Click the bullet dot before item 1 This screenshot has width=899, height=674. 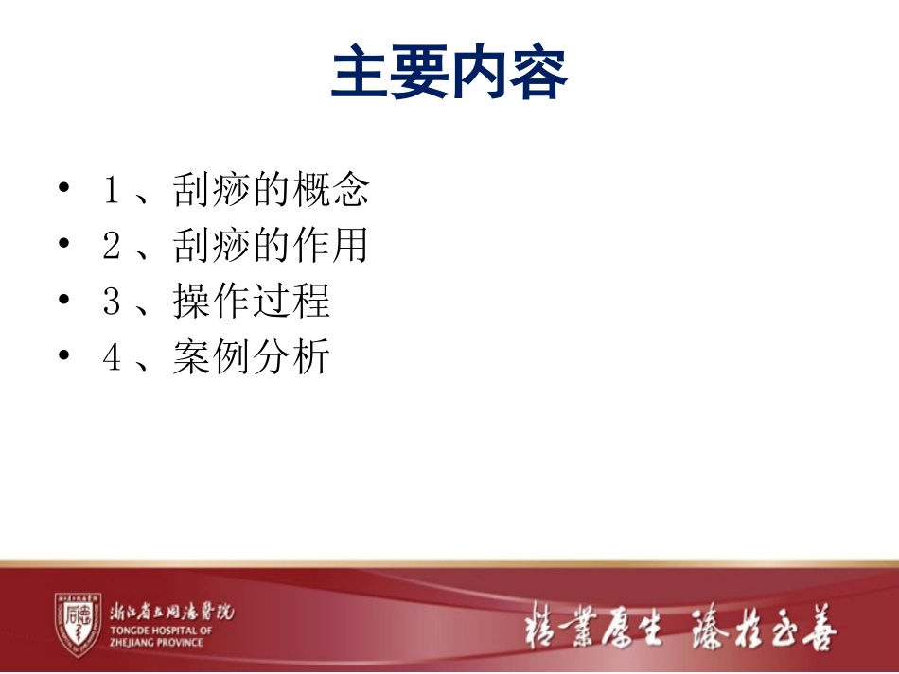click(63, 190)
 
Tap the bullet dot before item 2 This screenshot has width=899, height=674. click(63, 246)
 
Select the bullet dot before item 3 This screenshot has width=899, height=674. click(63, 302)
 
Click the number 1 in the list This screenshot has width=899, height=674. click(111, 191)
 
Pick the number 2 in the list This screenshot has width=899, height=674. click(111, 247)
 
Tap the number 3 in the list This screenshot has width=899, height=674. click(111, 302)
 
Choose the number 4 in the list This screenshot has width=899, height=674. click(111, 358)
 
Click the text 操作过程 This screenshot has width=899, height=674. click(252, 302)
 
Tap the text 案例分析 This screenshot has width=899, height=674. click(252, 358)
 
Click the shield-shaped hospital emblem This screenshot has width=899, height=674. click(78, 625)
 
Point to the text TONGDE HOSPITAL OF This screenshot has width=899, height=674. click(162, 631)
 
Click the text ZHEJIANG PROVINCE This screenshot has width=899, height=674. click(156, 643)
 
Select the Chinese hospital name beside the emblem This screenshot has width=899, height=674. click(171, 612)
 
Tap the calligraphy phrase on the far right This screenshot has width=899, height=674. click(765, 626)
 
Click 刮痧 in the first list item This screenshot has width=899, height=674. click(212, 191)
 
